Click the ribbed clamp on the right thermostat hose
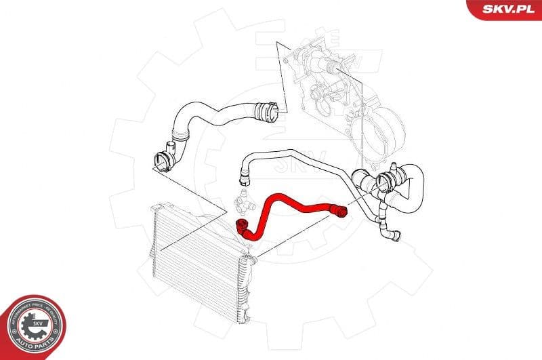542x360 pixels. [x=389, y=181]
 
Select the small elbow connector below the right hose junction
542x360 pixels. [x=392, y=234]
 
